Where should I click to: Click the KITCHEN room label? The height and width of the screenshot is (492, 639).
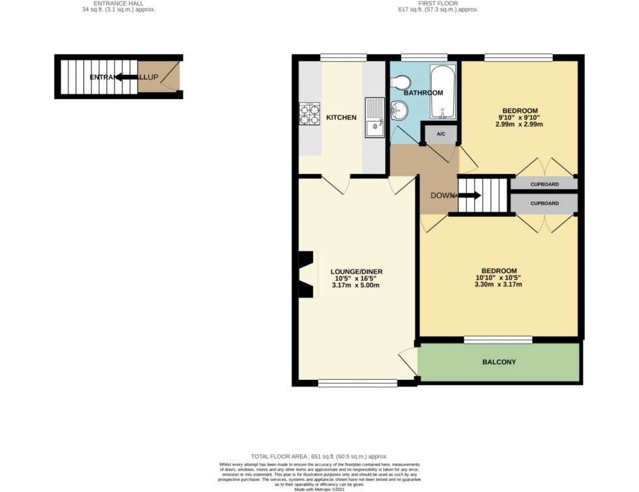tap(341, 117)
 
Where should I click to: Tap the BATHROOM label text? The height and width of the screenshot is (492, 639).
tap(423, 93)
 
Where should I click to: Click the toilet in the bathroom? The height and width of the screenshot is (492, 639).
tap(401, 82)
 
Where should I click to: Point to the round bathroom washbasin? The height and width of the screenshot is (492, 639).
tap(398, 111)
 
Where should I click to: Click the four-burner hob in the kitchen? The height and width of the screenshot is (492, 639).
tap(309, 115)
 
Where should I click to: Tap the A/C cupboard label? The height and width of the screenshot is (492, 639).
tap(440, 134)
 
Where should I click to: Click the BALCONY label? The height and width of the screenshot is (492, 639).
tap(499, 362)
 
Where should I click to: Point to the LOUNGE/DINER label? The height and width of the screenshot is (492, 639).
tap(356, 272)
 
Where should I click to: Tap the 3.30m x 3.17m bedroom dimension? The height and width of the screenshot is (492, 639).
tap(499, 284)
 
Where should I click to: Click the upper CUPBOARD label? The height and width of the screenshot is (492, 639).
tap(544, 184)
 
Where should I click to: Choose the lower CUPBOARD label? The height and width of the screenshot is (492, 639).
tap(544, 204)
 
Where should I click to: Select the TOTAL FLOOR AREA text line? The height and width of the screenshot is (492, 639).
tap(319, 456)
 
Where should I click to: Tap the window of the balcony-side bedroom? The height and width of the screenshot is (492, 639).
tap(499, 339)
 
